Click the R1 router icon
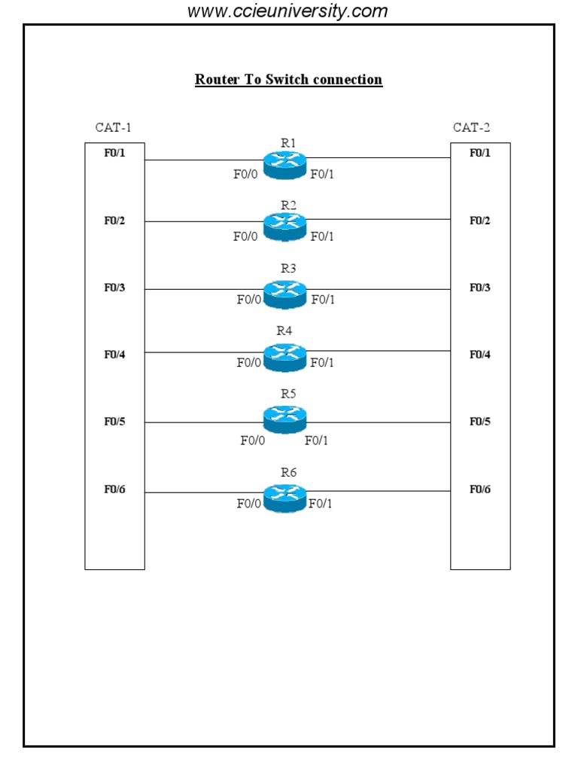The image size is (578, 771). pos(284,165)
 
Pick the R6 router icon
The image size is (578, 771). pos(284,496)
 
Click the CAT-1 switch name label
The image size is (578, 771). pos(113,127)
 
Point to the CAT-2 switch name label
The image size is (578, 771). pos(471,127)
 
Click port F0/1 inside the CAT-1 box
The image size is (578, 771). pos(114,153)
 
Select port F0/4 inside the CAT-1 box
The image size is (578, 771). pos(114,355)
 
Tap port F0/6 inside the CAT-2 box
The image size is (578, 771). pos(480,489)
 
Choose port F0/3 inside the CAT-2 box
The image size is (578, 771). pos(480,288)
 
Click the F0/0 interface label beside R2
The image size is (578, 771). pos(245,236)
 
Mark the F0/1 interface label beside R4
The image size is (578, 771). pos(322,363)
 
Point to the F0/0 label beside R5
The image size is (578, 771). pos(252,440)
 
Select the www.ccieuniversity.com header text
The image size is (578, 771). pos(287,11)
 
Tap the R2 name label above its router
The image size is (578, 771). pos(289,205)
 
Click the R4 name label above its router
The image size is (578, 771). pos(284,331)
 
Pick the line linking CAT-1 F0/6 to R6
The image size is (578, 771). pos(203,492)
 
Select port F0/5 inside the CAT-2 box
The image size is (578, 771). pos(480,422)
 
